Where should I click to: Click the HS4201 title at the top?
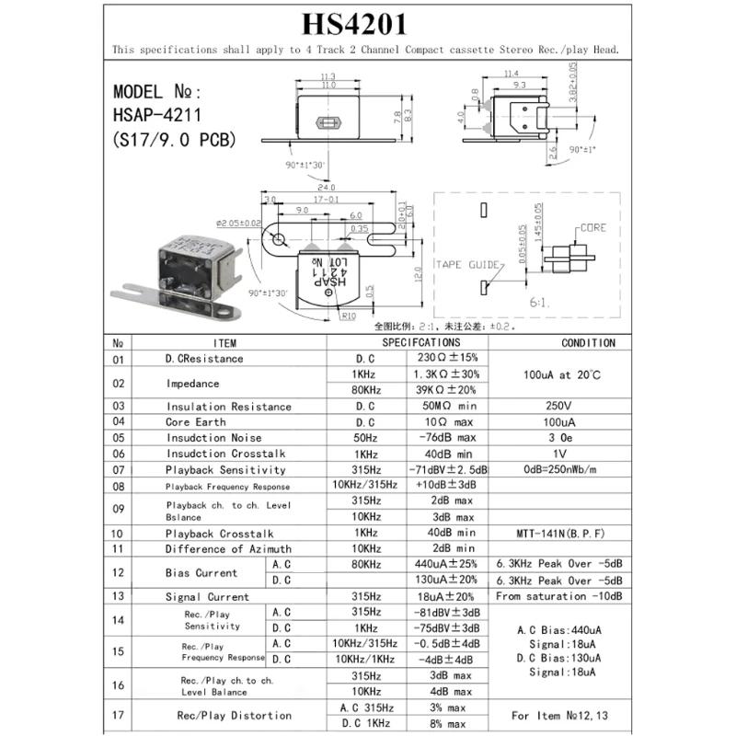point(367,22)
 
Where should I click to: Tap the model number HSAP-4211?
point(156,116)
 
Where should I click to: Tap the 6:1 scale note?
point(539,302)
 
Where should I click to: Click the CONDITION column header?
point(588,342)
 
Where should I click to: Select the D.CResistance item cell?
point(204,358)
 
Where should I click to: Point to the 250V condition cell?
point(558,406)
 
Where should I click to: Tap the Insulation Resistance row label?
point(228,406)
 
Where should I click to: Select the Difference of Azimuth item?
point(228,548)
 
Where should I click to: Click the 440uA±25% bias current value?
point(446,564)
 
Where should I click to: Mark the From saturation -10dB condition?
point(558,596)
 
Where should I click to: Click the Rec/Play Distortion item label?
point(234,715)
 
